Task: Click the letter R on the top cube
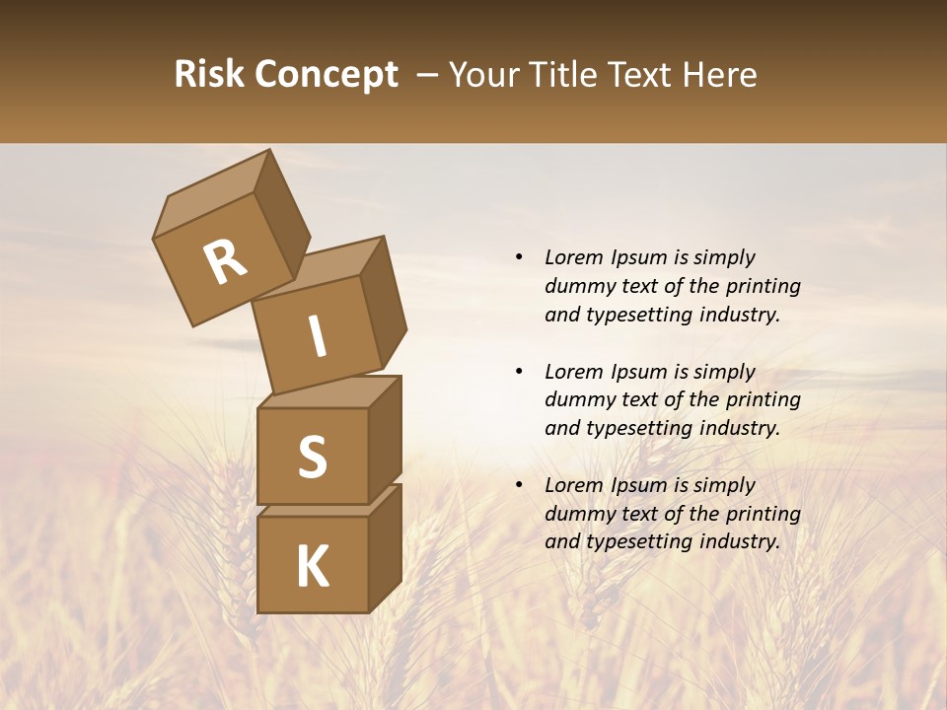click(225, 261)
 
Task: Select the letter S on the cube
click(312, 457)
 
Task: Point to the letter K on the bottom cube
click(312, 567)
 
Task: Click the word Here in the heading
click(720, 75)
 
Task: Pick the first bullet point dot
click(518, 257)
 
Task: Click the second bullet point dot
click(518, 372)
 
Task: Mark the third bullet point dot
click(518, 485)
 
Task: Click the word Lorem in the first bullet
click(574, 257)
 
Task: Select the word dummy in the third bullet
click(575, 514)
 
